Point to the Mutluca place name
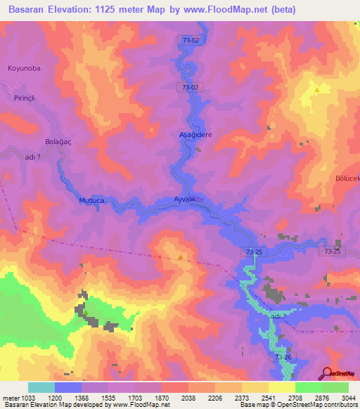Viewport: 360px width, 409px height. pos(91,200)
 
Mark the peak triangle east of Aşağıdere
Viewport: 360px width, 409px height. pos(318,90)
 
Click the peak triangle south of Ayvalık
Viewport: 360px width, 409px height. pos(181,258)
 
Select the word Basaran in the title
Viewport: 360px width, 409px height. pos(30,10)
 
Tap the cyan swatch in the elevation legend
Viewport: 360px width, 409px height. pos(41,387)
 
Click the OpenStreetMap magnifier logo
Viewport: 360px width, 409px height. pos(327,373)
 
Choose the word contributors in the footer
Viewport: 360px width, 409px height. pos(340,404)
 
